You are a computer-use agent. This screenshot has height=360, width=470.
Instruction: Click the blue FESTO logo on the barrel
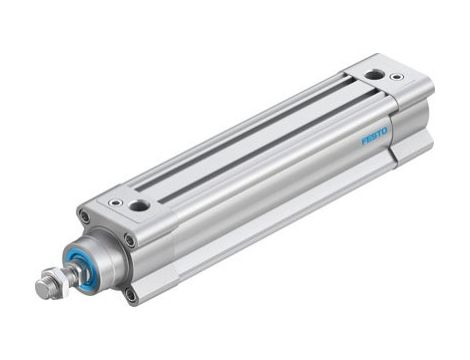375,136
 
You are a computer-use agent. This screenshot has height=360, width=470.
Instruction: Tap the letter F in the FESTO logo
364,141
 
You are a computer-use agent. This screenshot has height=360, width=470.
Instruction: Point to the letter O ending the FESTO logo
386,130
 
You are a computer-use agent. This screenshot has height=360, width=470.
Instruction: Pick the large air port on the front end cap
138,205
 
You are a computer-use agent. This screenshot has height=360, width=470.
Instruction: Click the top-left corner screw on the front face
85,217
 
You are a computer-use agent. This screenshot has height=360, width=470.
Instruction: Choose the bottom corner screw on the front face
130,294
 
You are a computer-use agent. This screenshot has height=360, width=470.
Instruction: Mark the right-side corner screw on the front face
130,240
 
